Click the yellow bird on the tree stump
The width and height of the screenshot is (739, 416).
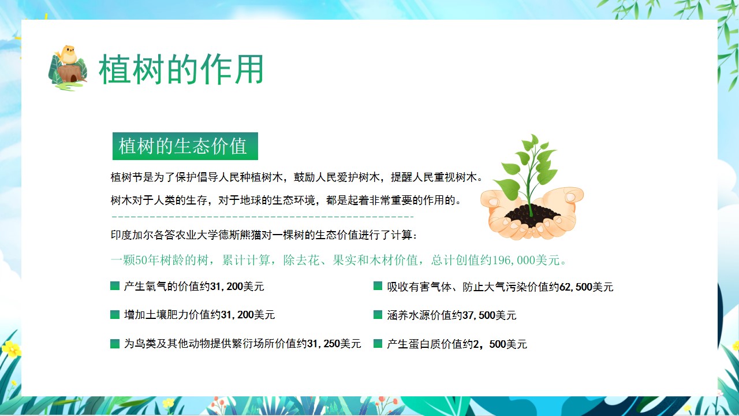[x=68, y=54]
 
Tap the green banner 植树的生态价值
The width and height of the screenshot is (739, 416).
[x=185, y=146]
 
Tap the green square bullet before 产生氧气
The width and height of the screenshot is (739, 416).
[x=115, y=286]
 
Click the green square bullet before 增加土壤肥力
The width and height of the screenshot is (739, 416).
[x=115, y=315]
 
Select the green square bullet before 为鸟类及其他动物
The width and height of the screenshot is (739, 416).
[x=115, y=344]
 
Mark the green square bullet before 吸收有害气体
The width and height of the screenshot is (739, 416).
[x=378, y=286]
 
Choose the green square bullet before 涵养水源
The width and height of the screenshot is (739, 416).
[x=378, y=315]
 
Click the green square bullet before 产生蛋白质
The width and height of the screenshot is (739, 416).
[x=378, y=344]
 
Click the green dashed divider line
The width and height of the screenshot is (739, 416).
[x=263, y=217]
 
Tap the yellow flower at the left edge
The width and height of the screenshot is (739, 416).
[x=10, y=348]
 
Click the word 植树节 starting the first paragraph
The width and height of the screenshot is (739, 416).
[x=126, y=177]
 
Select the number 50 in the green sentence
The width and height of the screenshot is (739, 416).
[x=141, y=260]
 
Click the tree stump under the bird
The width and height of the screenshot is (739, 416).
[x=70, y=73]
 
